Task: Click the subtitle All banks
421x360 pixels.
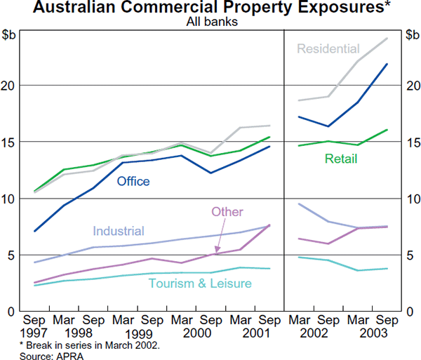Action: point(210,22)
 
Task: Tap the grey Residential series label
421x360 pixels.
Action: point(328,49)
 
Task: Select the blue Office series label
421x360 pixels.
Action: point(133,181)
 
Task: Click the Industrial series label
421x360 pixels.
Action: point(119,231)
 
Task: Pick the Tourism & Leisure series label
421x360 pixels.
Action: point(200,283)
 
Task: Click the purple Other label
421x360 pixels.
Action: point(227,212)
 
